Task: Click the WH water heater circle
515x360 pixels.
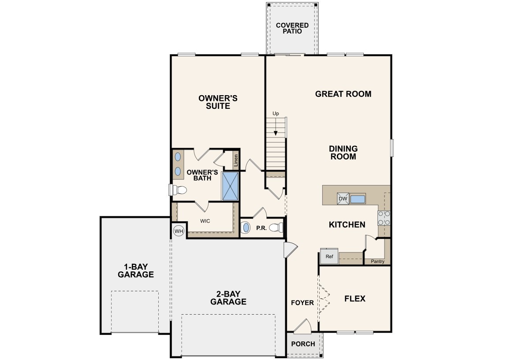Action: pos(179,231)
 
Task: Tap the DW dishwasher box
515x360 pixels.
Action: pos(343,199)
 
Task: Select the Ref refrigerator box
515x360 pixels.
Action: pos(329,256)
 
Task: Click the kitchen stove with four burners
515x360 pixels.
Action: pos(384,218)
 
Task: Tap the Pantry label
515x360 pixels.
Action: pos(377,261)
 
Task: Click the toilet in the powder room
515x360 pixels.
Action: pos(276,228)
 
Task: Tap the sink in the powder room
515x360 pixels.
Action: pos(246,228)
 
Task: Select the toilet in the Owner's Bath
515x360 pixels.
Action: pos(179,190)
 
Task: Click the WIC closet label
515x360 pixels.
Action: pos(205,221)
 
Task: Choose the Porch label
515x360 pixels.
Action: pos(303,344)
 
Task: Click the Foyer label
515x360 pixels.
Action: pos(302,303)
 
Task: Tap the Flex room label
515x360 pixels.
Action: pos(355,298)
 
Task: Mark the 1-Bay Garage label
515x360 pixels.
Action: pos(136,270)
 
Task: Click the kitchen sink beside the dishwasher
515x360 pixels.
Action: pos(358,199)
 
